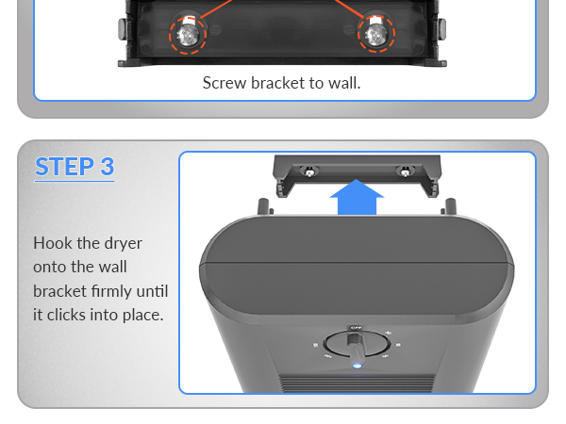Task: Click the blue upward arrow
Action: click(x=358, y=197)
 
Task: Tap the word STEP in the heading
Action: click(x=62, y=167)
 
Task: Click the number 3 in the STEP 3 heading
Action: click(x=106, y=167)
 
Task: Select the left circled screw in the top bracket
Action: click(x=188, y=34)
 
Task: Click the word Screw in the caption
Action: click(x=225, y=83)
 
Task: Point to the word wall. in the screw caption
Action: click(x=342, y=83)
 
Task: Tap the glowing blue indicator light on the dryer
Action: click(x=357, y=366)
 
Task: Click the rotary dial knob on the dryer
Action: click(x=356, y=346)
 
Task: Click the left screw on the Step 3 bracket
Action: click(x=308, y=171)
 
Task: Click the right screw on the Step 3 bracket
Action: click(x=405, y=171)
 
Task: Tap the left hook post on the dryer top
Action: click(x=262, y=206)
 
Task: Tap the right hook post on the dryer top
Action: click(x=450, y=206)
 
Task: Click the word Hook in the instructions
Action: click(x=53, y=243)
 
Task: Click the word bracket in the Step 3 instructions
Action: click(x=58, y=290)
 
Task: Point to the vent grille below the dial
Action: click(x=356, y=383)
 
